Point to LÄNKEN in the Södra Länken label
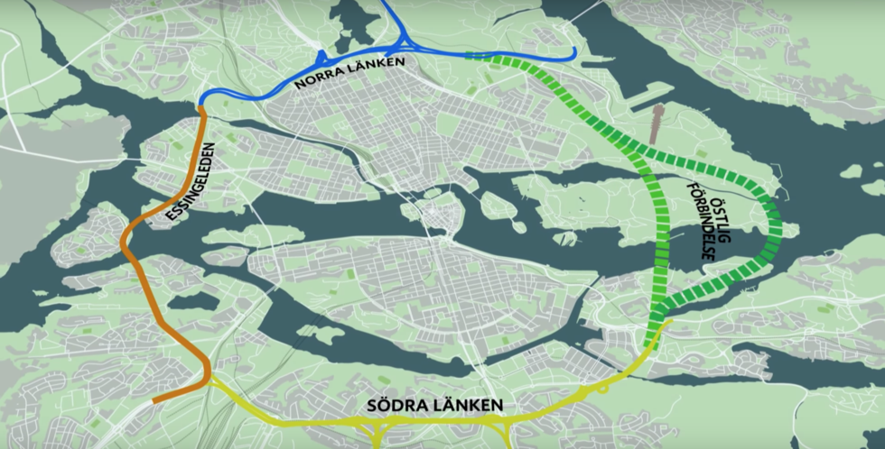469,405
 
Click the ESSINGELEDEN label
192,183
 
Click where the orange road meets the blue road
202,109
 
